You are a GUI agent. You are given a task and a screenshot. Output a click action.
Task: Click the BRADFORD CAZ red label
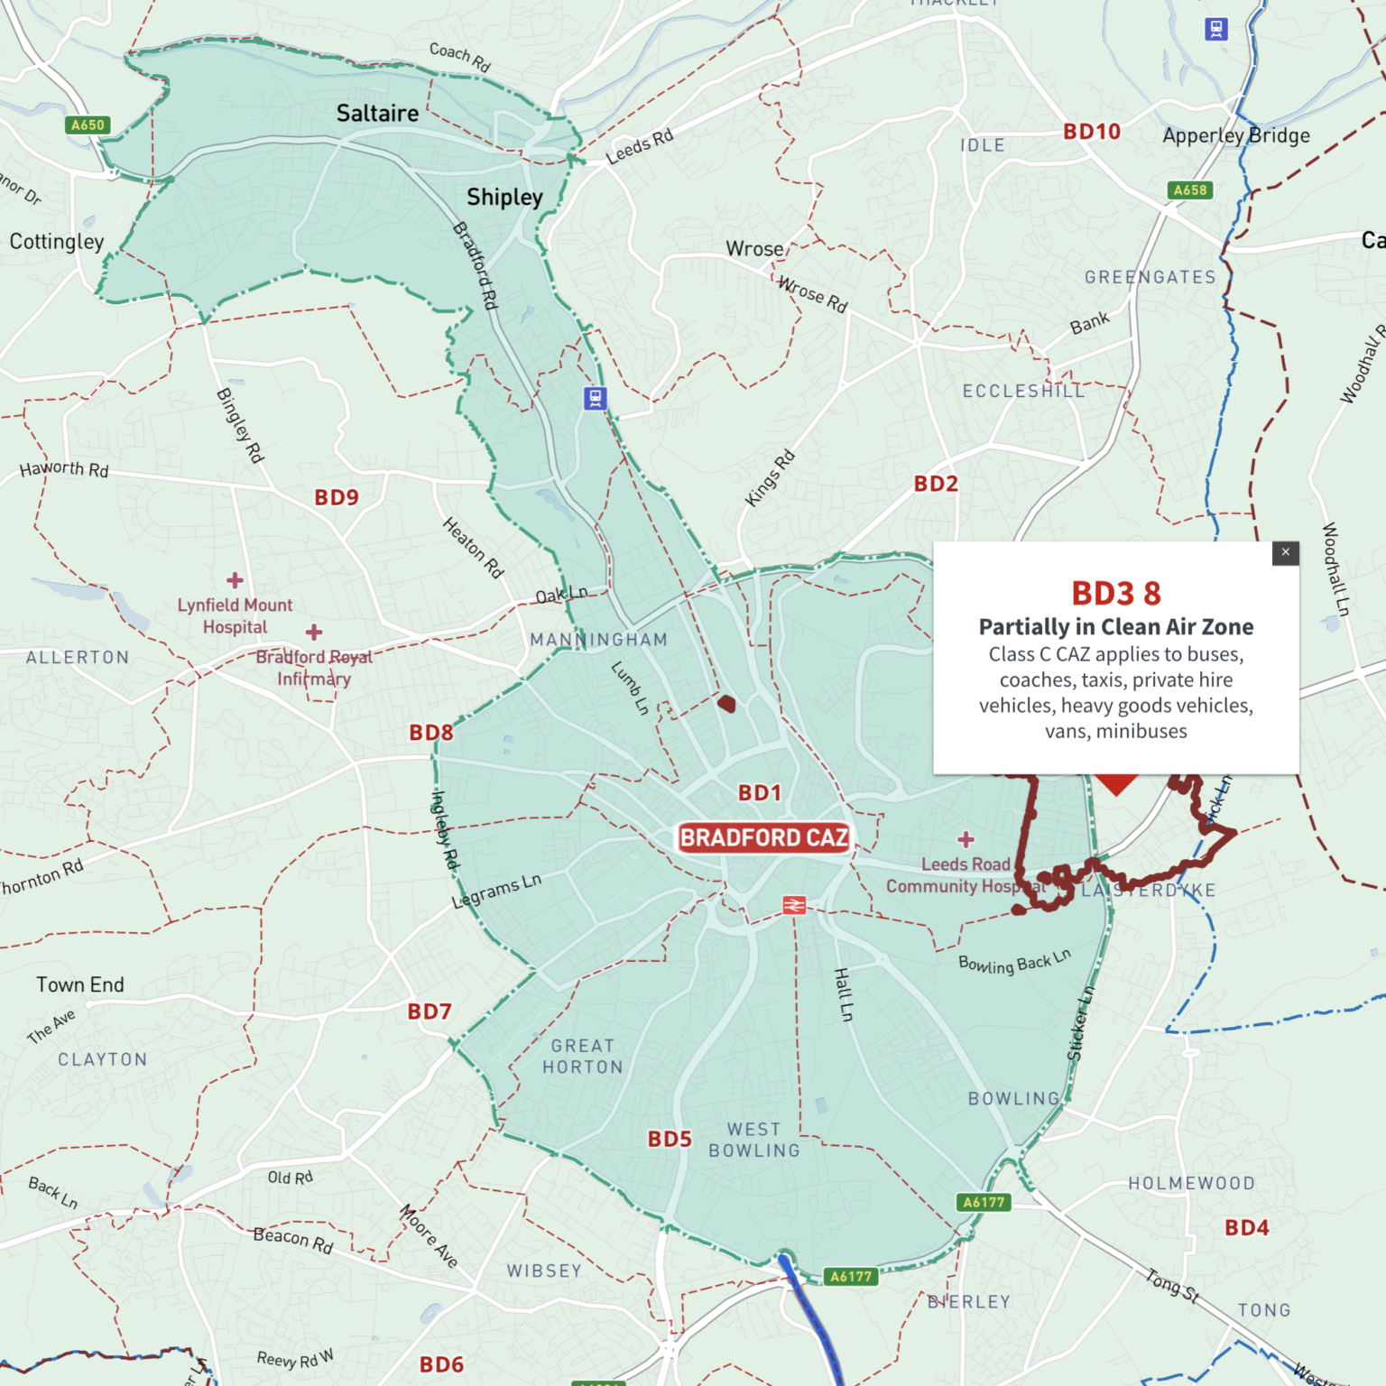pyautogui.click(x=763, y=837)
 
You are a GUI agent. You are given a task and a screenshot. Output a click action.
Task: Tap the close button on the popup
pyautogui.click(x=1285, y=552)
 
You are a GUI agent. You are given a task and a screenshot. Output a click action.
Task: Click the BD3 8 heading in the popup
pyautogui.click(x=1116, y=594)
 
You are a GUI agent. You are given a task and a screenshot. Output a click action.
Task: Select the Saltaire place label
pyautogui.click(x=377, y=114)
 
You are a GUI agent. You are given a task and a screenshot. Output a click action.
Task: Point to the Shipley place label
pyautogui.click(x=504, y=197)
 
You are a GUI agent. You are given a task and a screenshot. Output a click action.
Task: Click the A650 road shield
pyautogui.click(x=88, y=125)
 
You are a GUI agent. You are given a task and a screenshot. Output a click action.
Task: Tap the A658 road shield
pyautogui.click(x=1189, y=190)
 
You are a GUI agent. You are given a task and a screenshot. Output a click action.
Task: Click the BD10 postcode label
pyautogui.click(x=1091, y=132)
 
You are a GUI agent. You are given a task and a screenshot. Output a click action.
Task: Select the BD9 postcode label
pyautogui.click(x=337, y=497)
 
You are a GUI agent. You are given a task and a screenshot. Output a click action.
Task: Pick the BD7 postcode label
pyautogui.click(x=430, y=1012)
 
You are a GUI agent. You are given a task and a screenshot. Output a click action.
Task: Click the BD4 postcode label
pyautogui.click(x=1246, y=1227)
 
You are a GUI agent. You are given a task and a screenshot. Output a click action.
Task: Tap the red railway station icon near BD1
pyautogui.click(x=794, y=905)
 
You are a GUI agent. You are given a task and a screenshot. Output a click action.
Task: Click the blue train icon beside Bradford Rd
pyautogui.click(x=595, y=398)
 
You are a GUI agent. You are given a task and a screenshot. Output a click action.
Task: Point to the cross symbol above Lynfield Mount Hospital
pyautogui.click(x=235, y=580)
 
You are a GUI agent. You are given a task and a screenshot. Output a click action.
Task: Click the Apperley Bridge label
pyautogui.click(x=1235, y=135)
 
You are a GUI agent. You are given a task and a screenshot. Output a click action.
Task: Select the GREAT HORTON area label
pyautogui.click(x=583, y=1056)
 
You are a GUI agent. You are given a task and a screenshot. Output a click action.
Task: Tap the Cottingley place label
pyautogui.click(x=57, y=242)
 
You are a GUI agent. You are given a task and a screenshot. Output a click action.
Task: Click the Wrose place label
pyautogui.click(x=754, y=249)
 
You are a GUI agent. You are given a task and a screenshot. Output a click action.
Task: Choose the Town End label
pyautogui.click(x=80, y=984)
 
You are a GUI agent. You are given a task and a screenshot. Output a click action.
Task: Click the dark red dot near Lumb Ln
pyautogui.click(x=726, y=704)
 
